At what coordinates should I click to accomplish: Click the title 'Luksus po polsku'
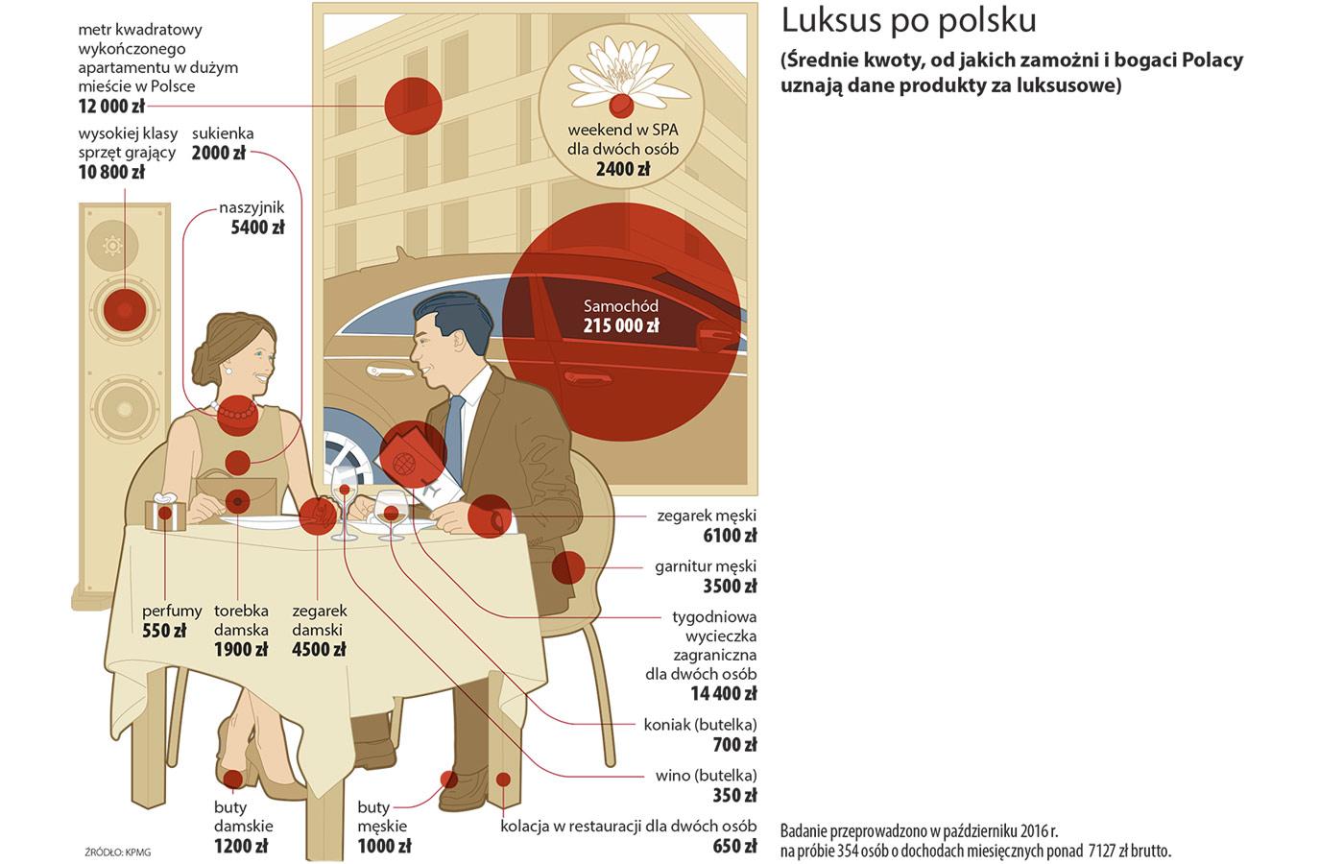point(908,21)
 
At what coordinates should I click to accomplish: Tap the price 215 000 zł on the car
point(621,325)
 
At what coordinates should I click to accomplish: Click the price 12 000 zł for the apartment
point(111,107)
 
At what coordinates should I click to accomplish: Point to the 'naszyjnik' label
point(252,208)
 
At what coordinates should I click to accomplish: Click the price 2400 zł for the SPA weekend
point(623,169)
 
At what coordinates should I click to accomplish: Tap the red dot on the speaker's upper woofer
point(125,309)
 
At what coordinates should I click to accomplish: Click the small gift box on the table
point(165,512)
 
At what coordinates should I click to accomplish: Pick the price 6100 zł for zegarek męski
point(730,536)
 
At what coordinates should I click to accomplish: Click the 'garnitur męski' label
point(706,567)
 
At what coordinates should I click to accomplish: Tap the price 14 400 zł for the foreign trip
point(723,693)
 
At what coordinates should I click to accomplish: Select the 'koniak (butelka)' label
point(700,725)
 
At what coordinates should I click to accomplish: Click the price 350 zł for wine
point(734,796)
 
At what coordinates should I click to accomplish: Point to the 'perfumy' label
point(172,612)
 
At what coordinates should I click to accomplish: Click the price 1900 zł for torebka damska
point(241,649)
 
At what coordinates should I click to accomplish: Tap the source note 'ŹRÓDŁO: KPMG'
point(117,852)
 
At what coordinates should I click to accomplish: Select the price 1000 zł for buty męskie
point(385,846)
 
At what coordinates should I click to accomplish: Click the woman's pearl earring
point(228,370)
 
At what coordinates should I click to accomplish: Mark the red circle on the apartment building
point(414,106)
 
